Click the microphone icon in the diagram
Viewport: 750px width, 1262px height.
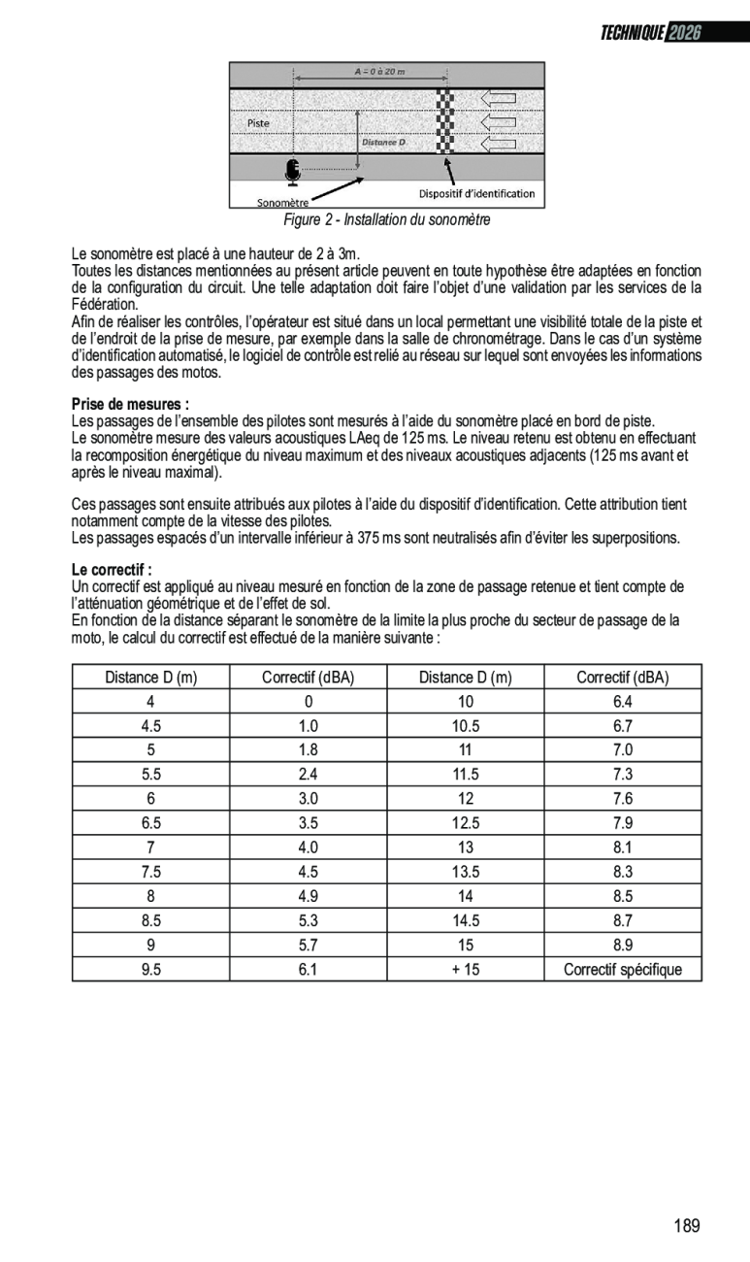(x=292, y=172)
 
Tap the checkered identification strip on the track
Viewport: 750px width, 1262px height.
(x=444, y=121)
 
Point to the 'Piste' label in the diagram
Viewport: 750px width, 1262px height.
(x=258, y=123)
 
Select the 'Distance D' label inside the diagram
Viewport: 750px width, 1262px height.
(x=383, y=143)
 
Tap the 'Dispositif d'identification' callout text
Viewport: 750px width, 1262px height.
(x=476, y=193)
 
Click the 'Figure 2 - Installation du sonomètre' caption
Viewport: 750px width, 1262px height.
(x=386, y=219)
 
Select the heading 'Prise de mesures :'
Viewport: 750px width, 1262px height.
(x=130, y=403)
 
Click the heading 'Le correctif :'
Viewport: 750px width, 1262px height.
(x=113, y=569)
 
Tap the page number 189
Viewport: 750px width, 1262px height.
(x=687, y=1225)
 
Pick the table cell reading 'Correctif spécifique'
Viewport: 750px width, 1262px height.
(x=623, y=969)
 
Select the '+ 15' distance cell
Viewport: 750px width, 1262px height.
(x=466, y=969)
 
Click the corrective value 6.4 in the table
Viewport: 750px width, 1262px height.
(x=623, y=702)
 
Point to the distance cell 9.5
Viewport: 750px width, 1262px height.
(x=150, y=969)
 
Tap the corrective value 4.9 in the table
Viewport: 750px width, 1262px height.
(x=309, y=896)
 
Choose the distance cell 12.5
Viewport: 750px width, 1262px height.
(x=466, y=823)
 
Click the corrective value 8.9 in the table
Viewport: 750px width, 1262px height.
(x=623, y=945)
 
